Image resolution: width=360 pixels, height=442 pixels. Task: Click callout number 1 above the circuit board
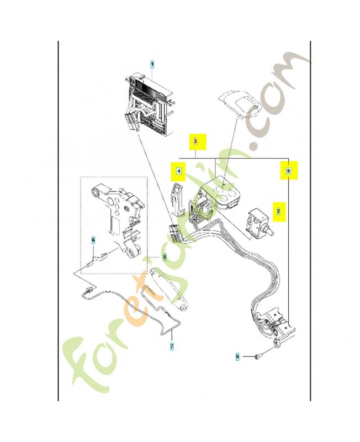pyautogui.click(x=152, y=65)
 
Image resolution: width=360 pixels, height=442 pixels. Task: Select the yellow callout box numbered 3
pyautogui.click(x=195, y=142)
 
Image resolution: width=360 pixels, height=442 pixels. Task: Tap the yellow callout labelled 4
pyautogui.click(x=179, y=172)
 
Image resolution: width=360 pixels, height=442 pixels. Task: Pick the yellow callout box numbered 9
pyautogui.click(x=288, y=171)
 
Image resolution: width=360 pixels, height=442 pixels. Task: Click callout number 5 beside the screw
pyautogui.click(x=238, y=357)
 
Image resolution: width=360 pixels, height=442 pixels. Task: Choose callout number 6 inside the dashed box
pyautogui.click(x=93, y=240)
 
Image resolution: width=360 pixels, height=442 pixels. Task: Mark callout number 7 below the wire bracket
pyautogui.click(x=171, y=347)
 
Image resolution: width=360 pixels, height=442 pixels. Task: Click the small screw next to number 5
pyautogui.click(x=257, y=357)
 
